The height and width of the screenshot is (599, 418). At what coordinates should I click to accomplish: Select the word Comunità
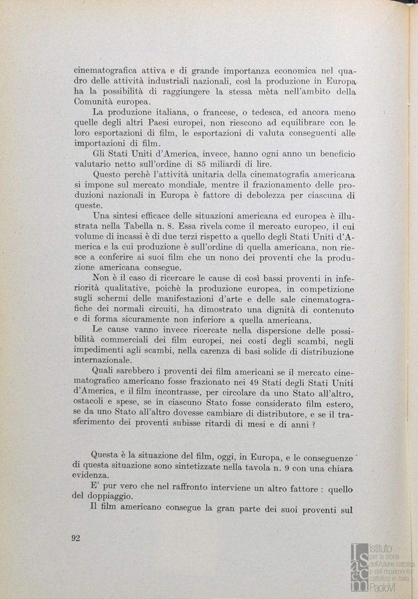[93, 102]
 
